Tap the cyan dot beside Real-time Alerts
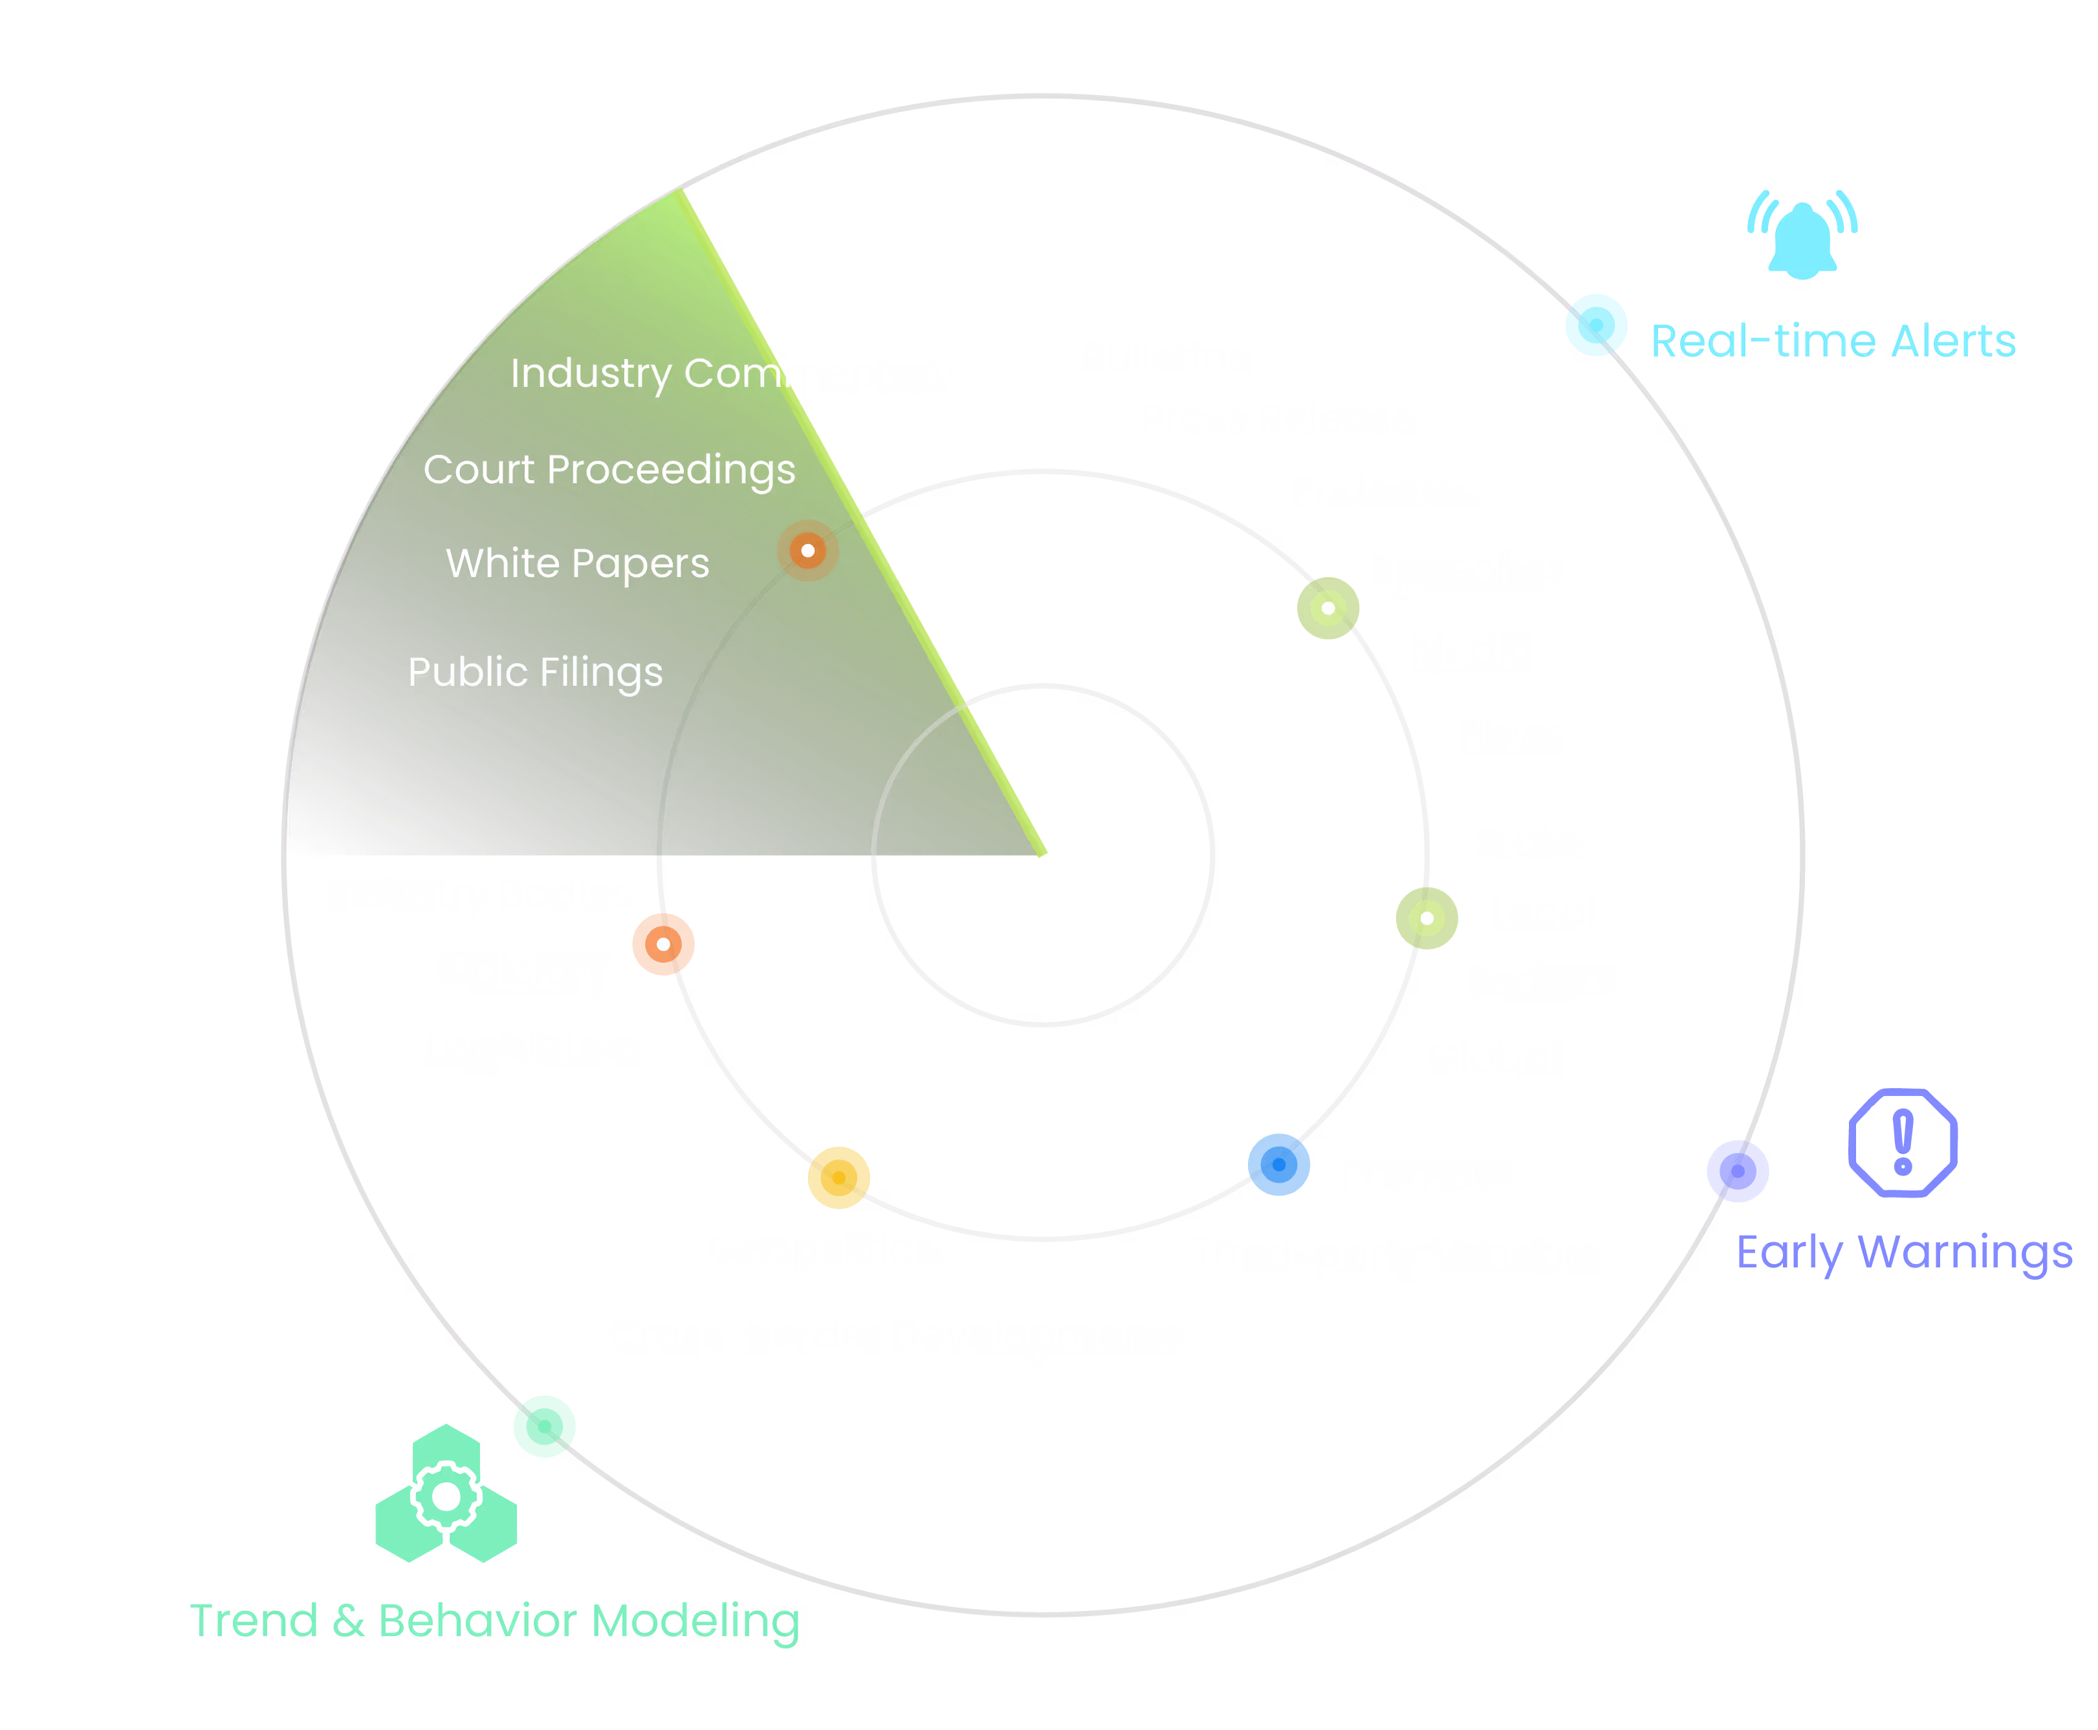click(1596, 325)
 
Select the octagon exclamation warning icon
click(1902, 1142)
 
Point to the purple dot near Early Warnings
click(1738, 1171)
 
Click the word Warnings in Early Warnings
click(1965, 1252)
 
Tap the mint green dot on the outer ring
click(544, 1426)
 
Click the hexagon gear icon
click(446, 1495)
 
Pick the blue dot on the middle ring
click(1278, 1164)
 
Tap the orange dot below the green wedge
click(664, 944)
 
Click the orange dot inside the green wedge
click(808, 550)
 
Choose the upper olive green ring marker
click(1328, 608)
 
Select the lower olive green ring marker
click(1426, 918)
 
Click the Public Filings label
click(535, 672)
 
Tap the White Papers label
click(577, 563)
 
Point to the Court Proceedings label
click(609, 469)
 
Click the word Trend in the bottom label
click(253, 1621)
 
